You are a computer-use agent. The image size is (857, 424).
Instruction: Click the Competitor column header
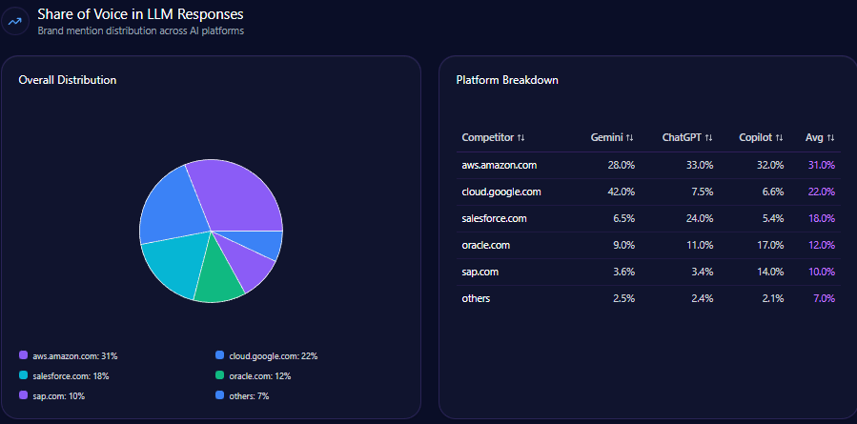pos(493,138)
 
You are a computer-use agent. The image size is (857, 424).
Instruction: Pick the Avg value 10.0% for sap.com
pos(822,272)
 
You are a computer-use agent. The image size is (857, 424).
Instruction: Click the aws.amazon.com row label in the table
pos(500,165)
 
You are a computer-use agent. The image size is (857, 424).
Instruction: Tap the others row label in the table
pos(477,298)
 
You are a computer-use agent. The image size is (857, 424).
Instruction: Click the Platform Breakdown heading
pos(507,80)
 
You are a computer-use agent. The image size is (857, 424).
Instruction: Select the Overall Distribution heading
pos(68,80)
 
